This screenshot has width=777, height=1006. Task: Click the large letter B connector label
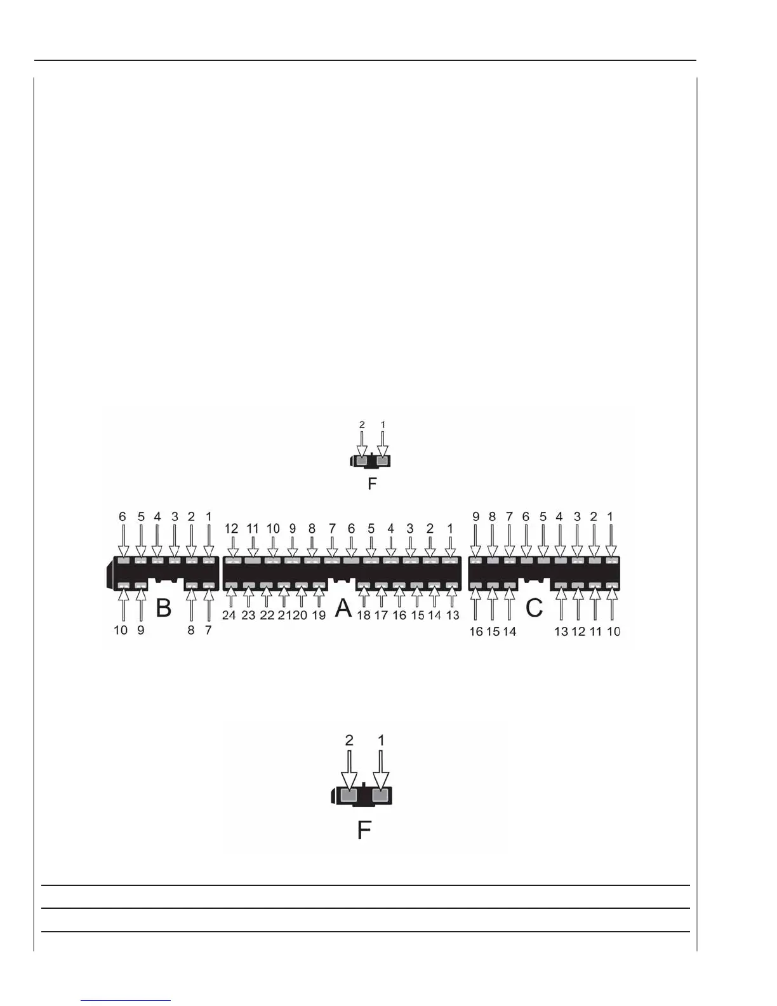[x=164, y=608]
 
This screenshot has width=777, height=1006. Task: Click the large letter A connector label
[x=343, y=608]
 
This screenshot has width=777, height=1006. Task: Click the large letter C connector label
[x=535, y=608]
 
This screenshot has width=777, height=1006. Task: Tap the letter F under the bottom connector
[x=364, y=830]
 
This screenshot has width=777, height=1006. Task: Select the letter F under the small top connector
[x=372, y=484]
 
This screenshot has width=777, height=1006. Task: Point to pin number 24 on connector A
[x=229, y=615]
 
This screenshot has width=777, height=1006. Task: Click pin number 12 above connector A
[x=232, y=528]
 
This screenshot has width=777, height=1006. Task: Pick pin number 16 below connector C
[x=476, y=631]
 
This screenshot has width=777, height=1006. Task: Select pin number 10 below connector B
[x=121, y=630]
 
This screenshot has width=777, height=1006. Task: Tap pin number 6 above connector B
[x=123, y=517]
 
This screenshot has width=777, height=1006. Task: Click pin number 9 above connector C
[x=476, y=517]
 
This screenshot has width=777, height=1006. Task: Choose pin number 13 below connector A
[x=453, y=615]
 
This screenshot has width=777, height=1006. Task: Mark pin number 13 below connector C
[x=561, y=631]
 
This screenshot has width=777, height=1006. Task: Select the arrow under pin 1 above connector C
[x=611, y=540]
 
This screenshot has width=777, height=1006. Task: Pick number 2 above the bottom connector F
[x=349, y=741]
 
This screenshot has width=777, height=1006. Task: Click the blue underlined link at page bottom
[x=126, y=1000]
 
